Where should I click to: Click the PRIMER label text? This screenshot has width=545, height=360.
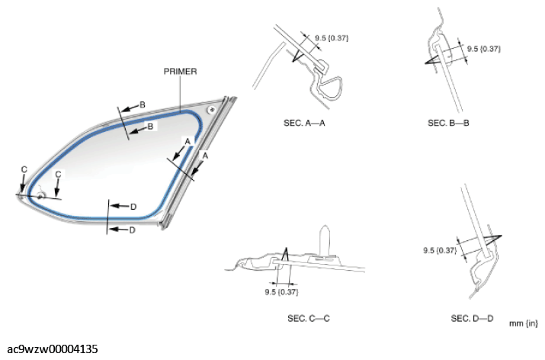[181, 71]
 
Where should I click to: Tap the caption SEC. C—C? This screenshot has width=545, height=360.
[304, 317]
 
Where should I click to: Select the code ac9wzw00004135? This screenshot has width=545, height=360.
[50, 349]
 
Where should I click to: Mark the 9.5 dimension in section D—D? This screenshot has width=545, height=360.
[440, 249]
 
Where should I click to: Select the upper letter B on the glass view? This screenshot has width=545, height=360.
[142, 104]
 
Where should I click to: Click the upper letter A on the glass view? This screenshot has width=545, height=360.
[186, 141]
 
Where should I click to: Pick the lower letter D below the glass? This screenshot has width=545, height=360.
[132, 230]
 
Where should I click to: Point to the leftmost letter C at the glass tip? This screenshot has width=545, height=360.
[24, 169]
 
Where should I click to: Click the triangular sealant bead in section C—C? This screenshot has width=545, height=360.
[284, 256]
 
